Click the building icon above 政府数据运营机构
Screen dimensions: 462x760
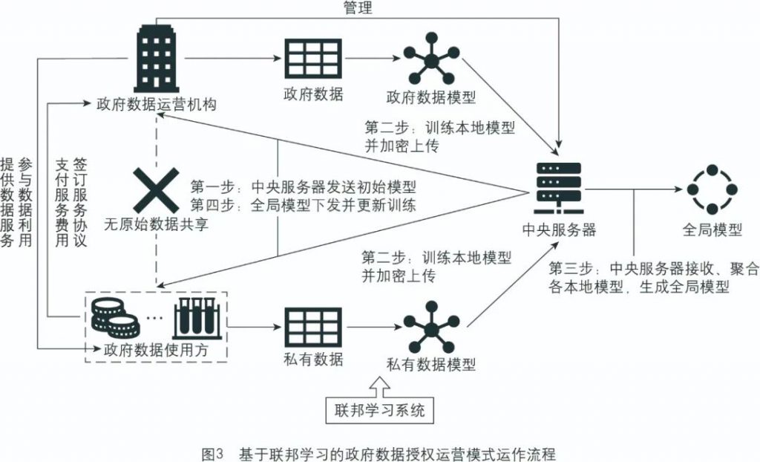156,57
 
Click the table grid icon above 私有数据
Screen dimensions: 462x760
312,325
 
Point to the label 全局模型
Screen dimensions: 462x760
712,230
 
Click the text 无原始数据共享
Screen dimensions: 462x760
155,223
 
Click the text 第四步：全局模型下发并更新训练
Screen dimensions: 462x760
302,204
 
